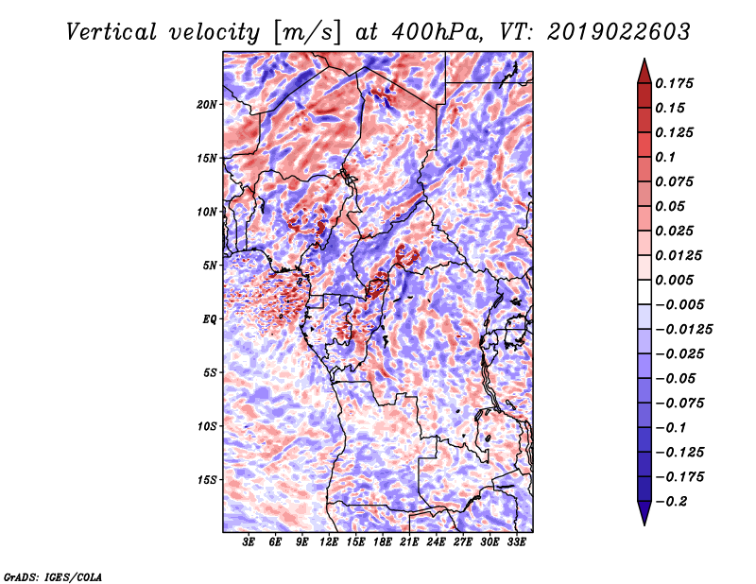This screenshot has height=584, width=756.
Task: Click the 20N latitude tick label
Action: (207, 105)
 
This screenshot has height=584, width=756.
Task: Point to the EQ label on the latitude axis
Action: (209, 319)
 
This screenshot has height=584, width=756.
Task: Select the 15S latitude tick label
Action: (207, 480)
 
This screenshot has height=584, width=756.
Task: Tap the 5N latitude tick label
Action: (210, 266)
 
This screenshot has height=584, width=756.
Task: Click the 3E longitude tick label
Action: (249, 542)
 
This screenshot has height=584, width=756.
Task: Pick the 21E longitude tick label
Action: (409, 542)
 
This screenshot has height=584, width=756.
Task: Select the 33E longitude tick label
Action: (516, 542)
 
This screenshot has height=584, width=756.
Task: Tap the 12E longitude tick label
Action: (329, 542)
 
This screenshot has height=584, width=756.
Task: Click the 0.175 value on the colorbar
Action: (674, 83)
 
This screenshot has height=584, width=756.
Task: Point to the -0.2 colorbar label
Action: (671, 502)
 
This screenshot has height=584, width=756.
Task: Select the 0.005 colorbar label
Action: (674, 280)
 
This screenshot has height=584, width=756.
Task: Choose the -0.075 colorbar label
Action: (679, 404)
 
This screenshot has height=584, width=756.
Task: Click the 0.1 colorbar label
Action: (665, 157)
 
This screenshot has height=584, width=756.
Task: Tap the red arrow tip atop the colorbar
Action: (644, 60)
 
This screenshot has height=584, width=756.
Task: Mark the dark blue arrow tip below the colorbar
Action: (644, 524)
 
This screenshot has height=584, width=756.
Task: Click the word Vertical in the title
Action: (112, 32)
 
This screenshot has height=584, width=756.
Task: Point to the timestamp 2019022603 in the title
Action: (619, 32)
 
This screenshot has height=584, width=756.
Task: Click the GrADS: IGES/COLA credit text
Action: (53, 576)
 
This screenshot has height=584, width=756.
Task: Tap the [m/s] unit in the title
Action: (307, 33)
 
